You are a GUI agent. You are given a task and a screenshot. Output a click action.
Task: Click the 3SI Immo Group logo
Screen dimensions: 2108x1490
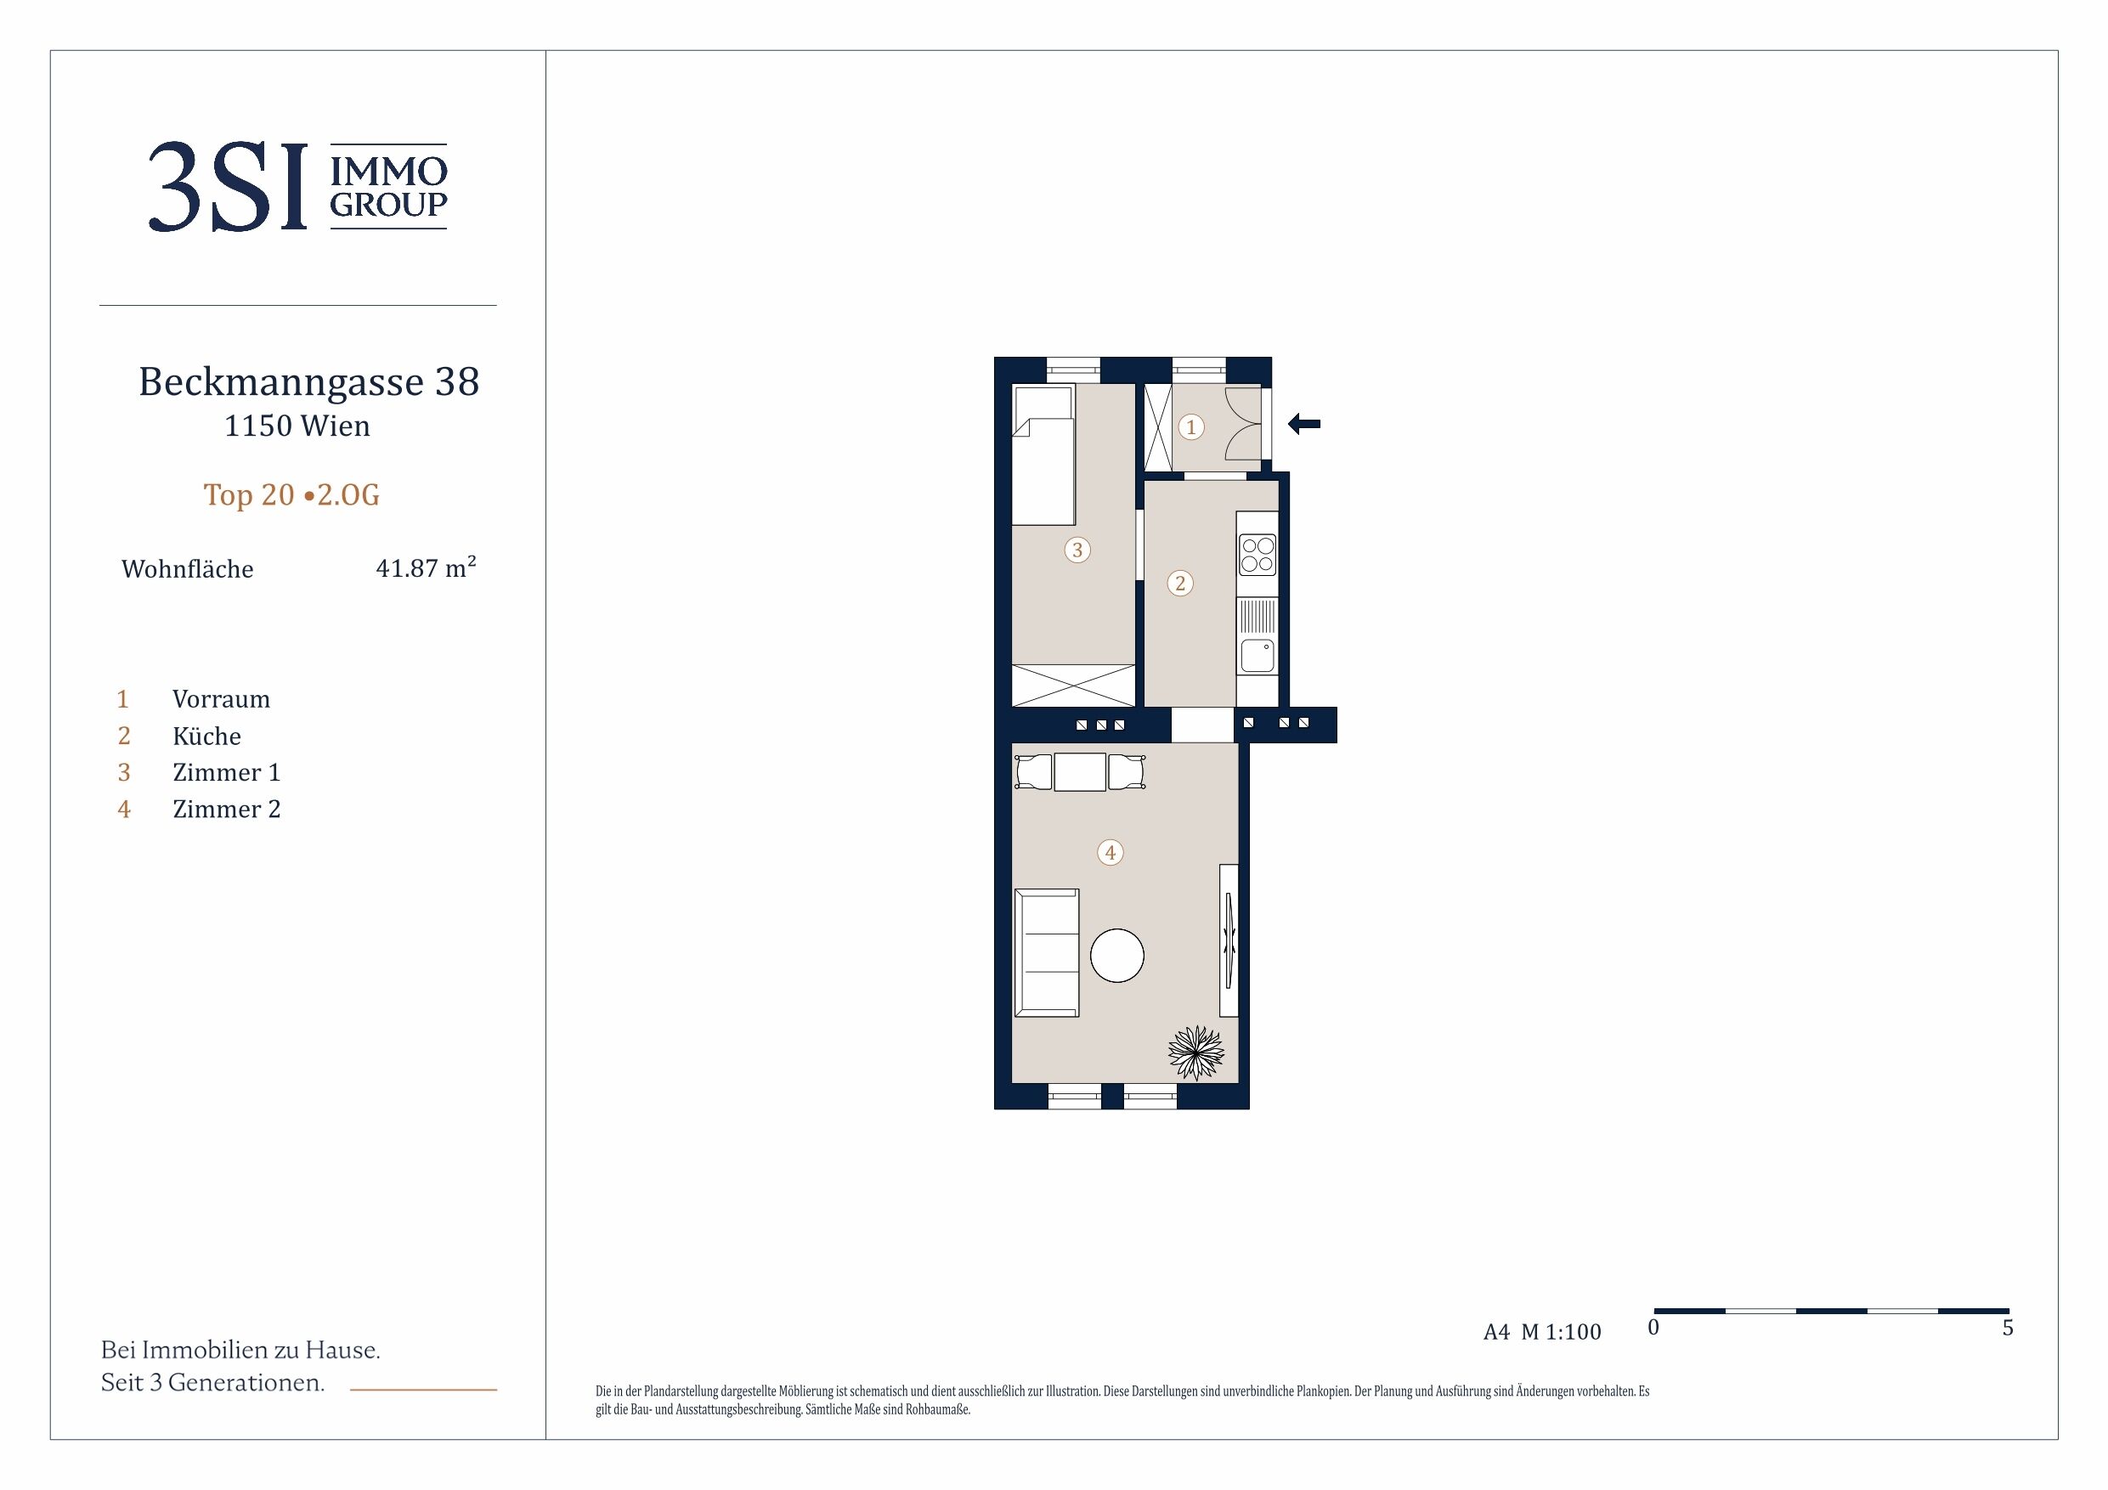(x=297, y=186)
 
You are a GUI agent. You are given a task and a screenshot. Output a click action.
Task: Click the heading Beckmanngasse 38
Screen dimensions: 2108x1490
(x=308, y=382)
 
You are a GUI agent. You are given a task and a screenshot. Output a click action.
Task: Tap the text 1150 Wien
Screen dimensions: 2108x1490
(x=297, y=426)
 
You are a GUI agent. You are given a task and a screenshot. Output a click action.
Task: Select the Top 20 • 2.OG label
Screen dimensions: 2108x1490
(x=291, y=495)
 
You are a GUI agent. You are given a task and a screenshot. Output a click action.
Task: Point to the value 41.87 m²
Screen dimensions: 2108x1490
(x=426, y=567)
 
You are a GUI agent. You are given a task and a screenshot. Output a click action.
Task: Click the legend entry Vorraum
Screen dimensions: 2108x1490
(x=221, y=700)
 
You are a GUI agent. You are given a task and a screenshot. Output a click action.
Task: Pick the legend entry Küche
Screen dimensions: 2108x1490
(x=206, y=737)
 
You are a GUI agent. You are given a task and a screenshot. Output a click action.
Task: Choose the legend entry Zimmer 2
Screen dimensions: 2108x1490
(x=227, y=809)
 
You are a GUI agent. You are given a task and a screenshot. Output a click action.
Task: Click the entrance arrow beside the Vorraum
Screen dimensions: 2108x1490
(x=1303, y=424)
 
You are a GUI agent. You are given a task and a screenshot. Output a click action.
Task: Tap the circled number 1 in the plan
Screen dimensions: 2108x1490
(x=1191, y=427)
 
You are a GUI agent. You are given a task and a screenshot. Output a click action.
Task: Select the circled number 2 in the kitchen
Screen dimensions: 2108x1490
(x=1180, y=583)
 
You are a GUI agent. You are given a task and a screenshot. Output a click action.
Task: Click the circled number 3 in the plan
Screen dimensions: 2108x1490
(x=1077, y=550)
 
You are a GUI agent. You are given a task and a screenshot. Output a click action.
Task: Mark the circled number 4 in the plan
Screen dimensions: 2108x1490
(x=1110, y=853)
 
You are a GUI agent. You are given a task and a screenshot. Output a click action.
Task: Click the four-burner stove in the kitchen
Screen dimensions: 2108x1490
(x=1257, y=555)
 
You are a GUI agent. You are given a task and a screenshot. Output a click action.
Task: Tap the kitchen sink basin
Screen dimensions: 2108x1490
(x=1257, y=656)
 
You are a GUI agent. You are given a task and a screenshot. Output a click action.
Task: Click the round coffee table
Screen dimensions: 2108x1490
(x=1116, y=956)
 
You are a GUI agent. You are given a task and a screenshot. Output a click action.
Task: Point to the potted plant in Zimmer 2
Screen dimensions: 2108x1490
(x=1196, y=1052)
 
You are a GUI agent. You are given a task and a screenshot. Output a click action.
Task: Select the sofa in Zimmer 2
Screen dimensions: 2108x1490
(x=1046, y=953)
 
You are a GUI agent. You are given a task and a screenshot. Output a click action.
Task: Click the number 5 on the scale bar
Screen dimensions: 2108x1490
(x=2008, y=1328)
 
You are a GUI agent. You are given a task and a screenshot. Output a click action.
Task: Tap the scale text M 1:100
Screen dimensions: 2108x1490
(x=1561, y=1332)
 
